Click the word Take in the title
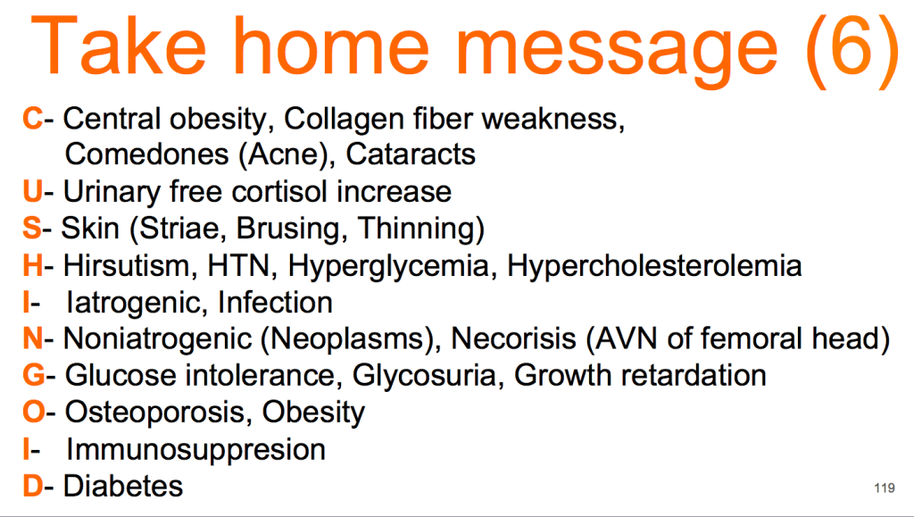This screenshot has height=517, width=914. coord(119,46)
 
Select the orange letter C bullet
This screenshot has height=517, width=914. coord(32,119)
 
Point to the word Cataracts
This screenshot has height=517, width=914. coord(411,154)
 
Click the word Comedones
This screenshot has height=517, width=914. coord(147,154)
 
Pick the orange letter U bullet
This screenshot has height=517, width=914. coord(32,192)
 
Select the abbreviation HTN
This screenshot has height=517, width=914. coord(239,266)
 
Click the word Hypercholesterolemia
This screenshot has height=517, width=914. coord(654,266)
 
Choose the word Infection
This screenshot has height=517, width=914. coord(275,303)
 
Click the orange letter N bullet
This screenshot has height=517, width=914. coord(33,338)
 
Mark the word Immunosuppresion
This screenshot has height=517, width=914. coord(195,450)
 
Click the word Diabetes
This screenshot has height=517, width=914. coord(123,486)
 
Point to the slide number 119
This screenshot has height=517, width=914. coord(885,488)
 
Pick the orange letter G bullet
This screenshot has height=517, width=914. coord(33,375)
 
